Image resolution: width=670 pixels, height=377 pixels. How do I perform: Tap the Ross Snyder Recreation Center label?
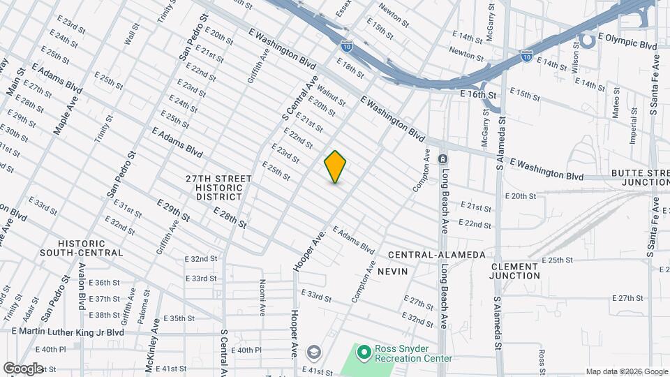pos(413,353)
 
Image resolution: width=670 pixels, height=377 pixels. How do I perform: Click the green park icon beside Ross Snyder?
pos(363,353)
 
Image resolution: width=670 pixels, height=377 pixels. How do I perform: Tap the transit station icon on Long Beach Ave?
pos(442,159)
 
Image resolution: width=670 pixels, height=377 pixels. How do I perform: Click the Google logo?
pos(22,368)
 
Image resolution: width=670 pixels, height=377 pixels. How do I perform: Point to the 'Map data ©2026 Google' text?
pos(627,371)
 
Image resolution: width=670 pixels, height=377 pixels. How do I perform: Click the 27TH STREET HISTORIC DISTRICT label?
pos(218,188)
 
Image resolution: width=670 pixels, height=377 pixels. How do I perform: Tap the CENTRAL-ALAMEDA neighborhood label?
pos(436,255)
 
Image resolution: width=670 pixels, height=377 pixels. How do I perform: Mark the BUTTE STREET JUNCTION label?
pos(640,177)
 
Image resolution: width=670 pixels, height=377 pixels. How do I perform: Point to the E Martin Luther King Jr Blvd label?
pos(68,332)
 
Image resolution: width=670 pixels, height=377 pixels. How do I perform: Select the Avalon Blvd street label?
pos(81,291)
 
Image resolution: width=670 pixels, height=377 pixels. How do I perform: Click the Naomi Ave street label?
pos(262,297)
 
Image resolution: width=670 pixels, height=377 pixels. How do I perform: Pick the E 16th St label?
pos(482,95)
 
